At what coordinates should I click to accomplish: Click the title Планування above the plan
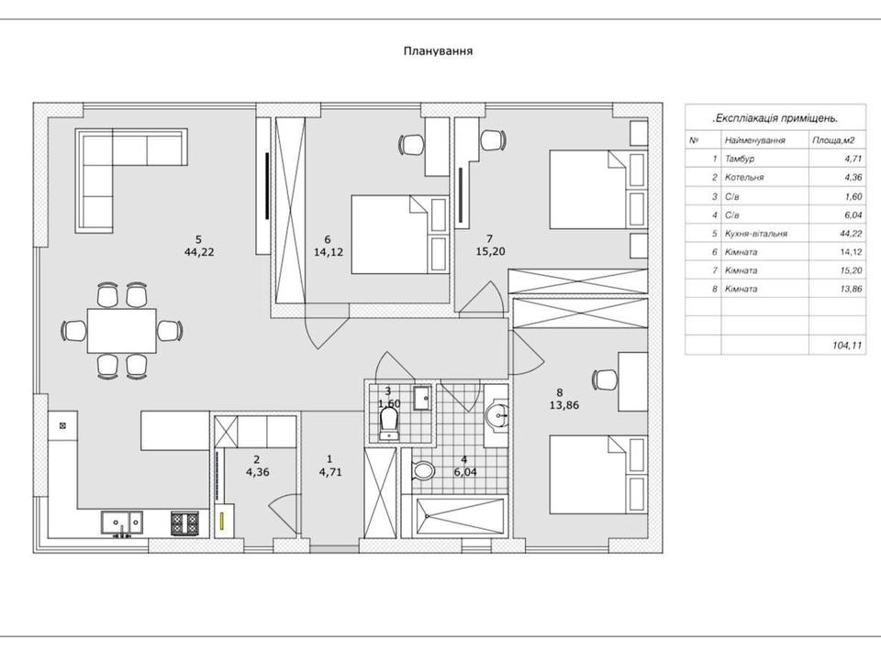[439, 51]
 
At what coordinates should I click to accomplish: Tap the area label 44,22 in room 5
[199, 252]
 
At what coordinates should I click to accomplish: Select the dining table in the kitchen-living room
[121, 331]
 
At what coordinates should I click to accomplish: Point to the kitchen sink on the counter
[122, 523]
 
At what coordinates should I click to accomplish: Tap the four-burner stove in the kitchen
[184, 523]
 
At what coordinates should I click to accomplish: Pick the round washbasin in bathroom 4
[496, 416]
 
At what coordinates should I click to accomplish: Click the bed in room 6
[400, 235]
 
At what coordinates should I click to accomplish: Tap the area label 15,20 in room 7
[490, 251]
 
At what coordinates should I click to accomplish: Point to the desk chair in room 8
[604, 379]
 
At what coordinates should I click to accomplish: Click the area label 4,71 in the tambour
[330, 472]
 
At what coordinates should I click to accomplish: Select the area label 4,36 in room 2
[257, 472]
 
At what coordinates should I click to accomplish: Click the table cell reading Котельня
[744, 177]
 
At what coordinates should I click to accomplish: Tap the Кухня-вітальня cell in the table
[756, 234]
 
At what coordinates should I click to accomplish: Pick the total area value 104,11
[847, 346]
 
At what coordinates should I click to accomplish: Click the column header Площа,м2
[834, 140]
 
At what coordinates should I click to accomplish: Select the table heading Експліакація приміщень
[775, 118]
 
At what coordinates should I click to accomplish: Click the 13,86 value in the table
[851, 289]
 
